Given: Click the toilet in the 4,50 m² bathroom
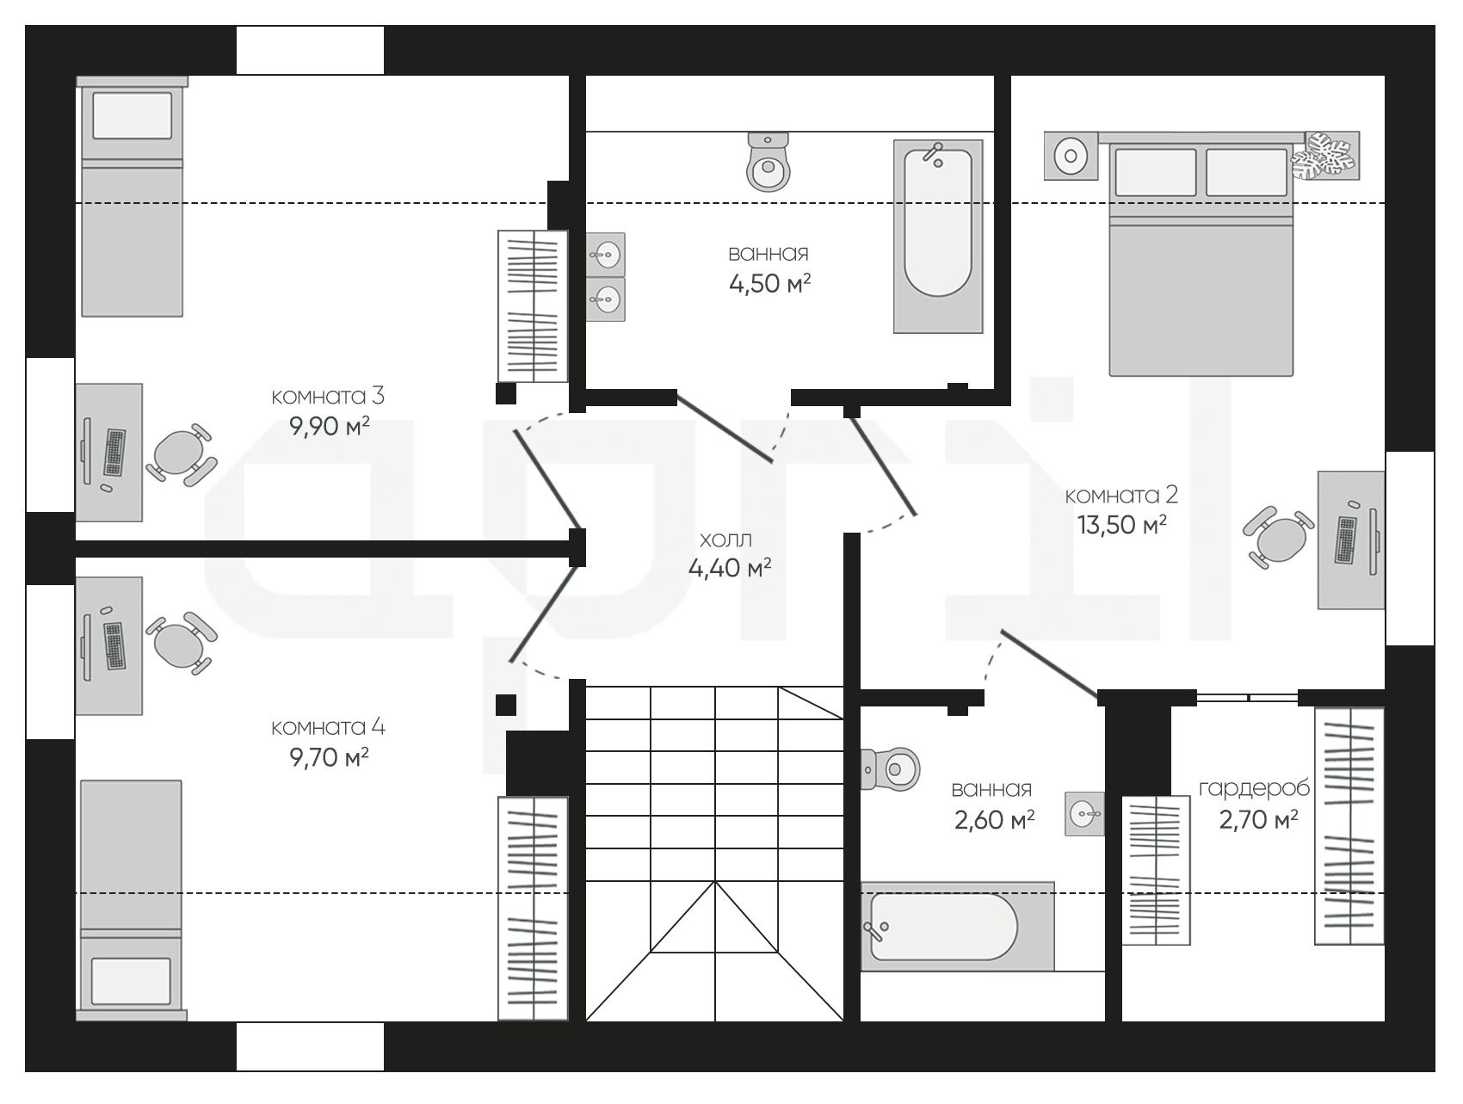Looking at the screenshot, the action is point(769,162).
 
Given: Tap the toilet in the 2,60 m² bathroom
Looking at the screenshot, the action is point(891,768).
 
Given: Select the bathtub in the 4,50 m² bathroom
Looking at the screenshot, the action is point(938,237).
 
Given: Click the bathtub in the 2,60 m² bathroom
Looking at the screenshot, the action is point(957,927).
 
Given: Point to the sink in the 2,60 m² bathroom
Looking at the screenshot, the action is point(1084,813).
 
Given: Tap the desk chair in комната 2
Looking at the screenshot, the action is point(1279,537).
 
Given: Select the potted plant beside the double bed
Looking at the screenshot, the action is point(1324,155).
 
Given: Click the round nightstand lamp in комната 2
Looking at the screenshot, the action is point(1071,156).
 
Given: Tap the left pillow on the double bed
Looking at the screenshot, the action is point(1156,172).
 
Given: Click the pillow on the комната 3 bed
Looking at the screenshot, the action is point(133,115).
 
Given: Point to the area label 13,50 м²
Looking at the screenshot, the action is point(1122,525).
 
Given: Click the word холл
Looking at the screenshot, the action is point(725,540).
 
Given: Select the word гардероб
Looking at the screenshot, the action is point(1254,788).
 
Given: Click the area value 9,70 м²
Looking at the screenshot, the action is point(330,758).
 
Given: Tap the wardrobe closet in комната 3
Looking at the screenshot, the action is point(534,305).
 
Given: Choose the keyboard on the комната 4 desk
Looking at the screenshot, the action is point(114,646).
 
